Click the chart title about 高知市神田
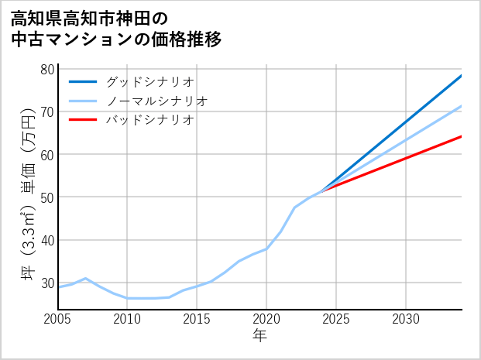tap(116, 29)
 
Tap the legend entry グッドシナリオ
tap(149, 81)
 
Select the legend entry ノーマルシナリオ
tap(156, 101)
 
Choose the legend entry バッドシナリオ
tap(149, 120)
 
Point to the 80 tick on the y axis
tap(46, 69)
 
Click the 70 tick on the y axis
tap(46, 111)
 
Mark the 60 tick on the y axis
tap(46, 154)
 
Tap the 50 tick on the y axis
tap(46, 197)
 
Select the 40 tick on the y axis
tap(46, 240)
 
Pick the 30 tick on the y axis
tap(46, 283)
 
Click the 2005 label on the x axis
tap(58, 319)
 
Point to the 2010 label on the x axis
tap(128, 319)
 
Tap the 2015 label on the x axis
tap(197, 319)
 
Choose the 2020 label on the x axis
tap(266, 319)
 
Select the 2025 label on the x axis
tap(336, 319)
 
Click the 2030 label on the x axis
tap(406, 319)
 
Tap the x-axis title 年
tap(260, 336)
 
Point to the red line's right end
tap(462, 136)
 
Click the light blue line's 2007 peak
tap(86, 278)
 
